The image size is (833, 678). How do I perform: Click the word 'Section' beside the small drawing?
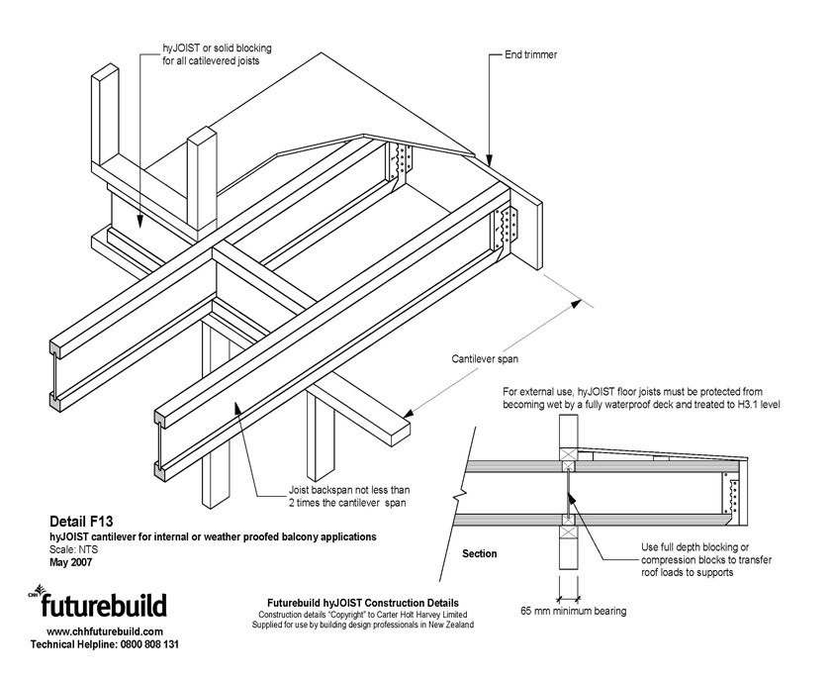click(x=480, y=553)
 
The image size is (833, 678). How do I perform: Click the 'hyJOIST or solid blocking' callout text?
click(x=217, y=48)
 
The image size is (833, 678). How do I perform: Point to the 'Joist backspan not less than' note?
click(x=343, y=490)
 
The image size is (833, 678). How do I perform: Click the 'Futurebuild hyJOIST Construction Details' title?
click(x=363, y=602)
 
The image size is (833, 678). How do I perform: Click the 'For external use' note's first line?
click(x=632, y=392)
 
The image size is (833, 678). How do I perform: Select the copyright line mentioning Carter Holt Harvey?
click(x=363, y=614)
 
